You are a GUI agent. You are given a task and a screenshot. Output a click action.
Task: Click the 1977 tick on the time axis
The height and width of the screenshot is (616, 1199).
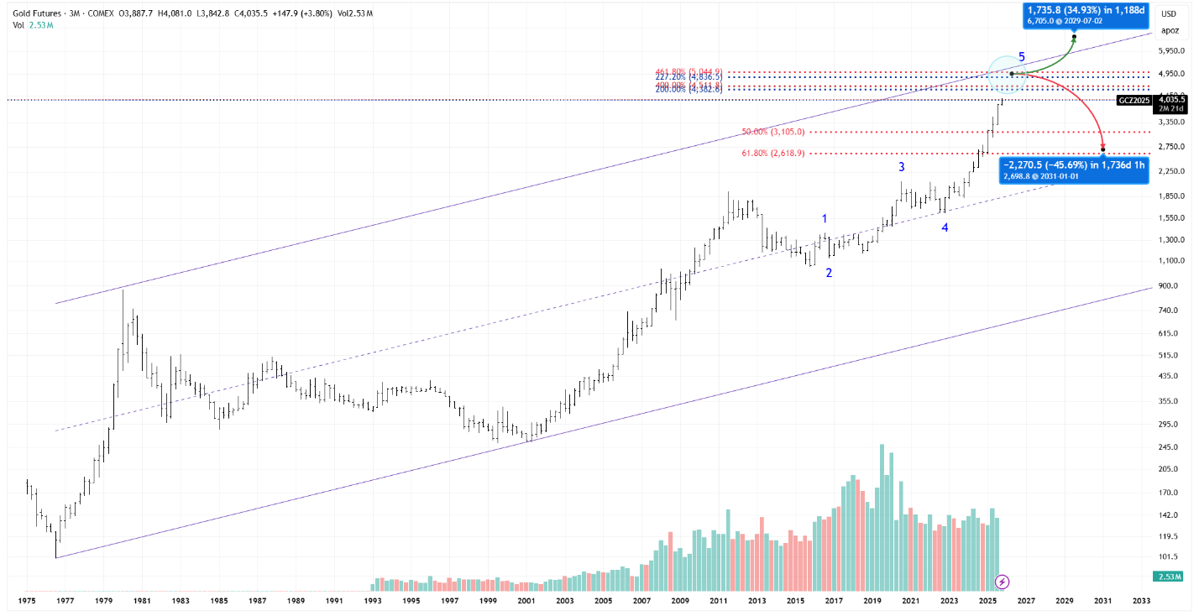(x=65, y=601)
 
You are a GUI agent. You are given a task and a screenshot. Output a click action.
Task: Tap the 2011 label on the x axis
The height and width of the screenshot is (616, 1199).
(x=719, y=601)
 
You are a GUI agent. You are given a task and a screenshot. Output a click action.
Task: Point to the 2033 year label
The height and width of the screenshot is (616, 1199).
(x=1142, y=601)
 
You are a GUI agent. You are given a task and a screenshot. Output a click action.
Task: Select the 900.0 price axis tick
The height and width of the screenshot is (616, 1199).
(x=1170, y=285)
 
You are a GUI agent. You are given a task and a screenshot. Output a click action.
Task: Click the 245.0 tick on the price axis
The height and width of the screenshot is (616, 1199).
(x=1170, y=446)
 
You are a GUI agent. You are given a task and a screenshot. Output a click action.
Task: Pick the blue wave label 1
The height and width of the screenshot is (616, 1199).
(x=825, y=218)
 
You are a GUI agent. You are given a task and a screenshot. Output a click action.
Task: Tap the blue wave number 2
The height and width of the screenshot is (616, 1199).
(x=829, y=273)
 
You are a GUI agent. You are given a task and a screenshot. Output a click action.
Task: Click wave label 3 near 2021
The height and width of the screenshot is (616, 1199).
(x=902, y=167)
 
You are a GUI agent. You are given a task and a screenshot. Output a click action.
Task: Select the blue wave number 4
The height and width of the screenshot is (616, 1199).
(x=945, y=227)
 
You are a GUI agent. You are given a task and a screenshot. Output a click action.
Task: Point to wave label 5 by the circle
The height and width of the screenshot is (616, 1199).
(x=1022, y=57)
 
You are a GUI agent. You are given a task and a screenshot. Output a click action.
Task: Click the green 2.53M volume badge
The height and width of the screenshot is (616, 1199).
(x=1168, y=577)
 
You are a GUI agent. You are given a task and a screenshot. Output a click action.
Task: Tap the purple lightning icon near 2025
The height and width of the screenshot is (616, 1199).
(x=1002, y=581)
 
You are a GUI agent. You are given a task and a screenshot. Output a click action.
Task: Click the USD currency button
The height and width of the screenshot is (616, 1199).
(x=1170, y=14)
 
